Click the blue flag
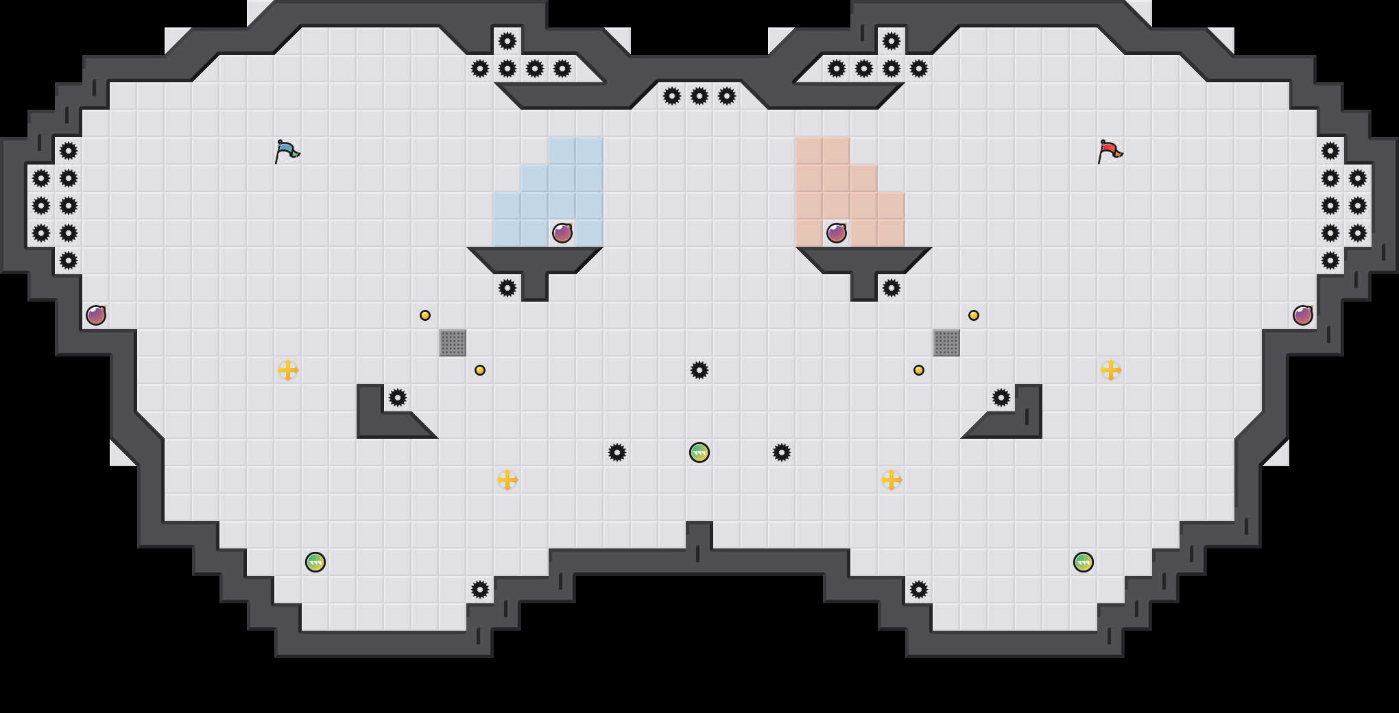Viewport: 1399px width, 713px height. [x=287, y=151]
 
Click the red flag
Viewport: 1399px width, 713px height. [x=1110, y=151]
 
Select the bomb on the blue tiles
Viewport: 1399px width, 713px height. [x=562, y=233]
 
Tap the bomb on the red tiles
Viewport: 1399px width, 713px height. [x=837, y=233]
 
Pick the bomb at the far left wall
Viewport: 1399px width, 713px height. [x=96, y=315]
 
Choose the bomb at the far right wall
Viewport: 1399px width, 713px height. [x=1303, y=315]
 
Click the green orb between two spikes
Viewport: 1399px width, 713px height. [x=699, y=452]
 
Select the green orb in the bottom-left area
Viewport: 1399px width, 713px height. [x=315, y=562]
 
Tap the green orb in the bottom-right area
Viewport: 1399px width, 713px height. [x=1084, y=562]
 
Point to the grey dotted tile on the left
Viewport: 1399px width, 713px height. [x=453, y=343]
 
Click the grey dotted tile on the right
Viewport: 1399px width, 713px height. [x=946, y=343]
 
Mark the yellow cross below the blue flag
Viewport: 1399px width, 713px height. [x=288, y=370]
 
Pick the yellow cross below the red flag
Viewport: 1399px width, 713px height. [x=1111, y=370]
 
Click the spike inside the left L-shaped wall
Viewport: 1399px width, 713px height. [x=398, y=398]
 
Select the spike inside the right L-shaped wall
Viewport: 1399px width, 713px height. [x=1001, y=398]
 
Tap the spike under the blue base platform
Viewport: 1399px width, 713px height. [x=507, y=288]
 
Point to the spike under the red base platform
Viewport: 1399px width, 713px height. [x=892, y=288]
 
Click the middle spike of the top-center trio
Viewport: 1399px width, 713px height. [x=699, y=96]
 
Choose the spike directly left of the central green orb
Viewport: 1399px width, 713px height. [x=617, y=452]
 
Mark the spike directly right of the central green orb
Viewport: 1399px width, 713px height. [x=782, y=452]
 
